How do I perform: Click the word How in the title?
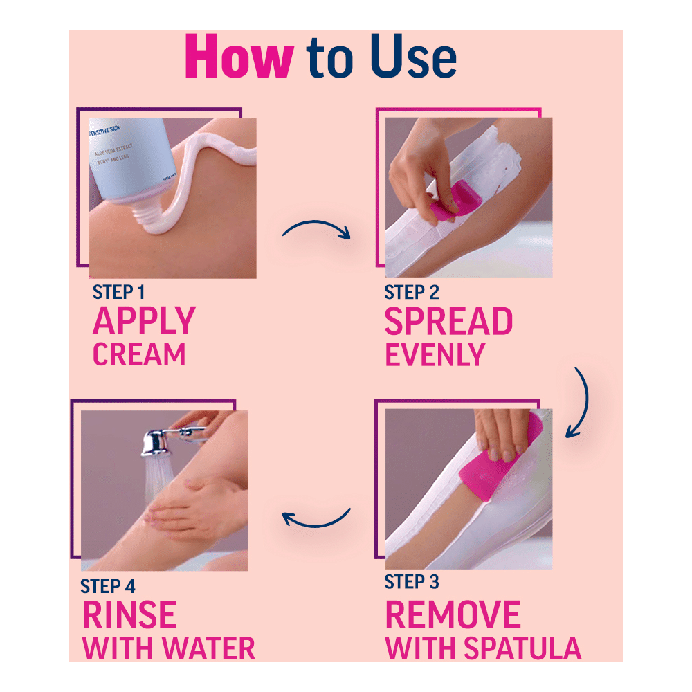click(x=239, y=58)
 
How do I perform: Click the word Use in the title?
click(x=412, y=58)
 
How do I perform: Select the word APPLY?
click(x=144, y=322)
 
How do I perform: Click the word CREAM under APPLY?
click(x=139, y=354)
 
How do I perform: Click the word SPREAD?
click(x=448, y=322)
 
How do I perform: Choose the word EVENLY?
click(x=435, y=354)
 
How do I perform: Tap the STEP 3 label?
click(x=412, y=583)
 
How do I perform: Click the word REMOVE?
click(x=453, y=615)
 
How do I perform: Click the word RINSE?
click(x=129, y=615)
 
